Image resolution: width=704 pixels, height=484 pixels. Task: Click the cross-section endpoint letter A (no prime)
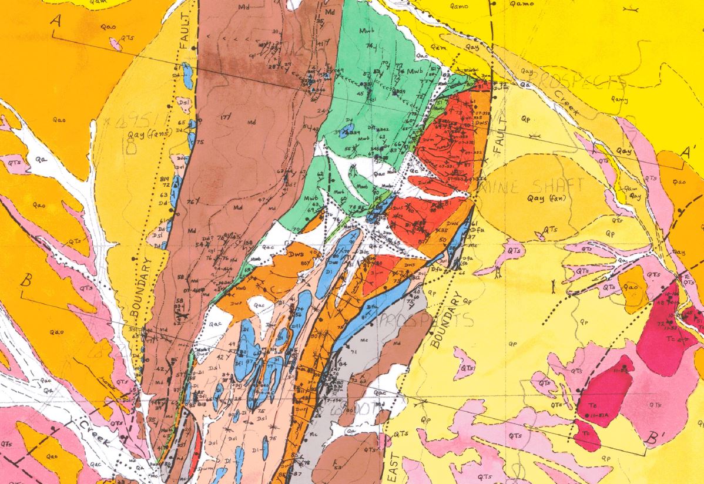57,21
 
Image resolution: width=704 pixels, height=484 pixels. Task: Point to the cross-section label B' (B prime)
651,439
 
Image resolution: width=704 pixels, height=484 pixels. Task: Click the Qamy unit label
620,99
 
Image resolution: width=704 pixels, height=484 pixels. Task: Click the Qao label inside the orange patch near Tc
631,288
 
